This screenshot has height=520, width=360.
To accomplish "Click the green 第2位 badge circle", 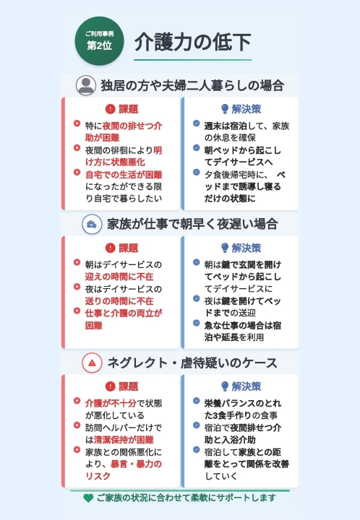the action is (x=99, y=41).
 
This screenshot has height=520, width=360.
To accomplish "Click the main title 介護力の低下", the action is (x=192, y=42).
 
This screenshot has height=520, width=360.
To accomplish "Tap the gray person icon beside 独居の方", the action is (x=86, y=85).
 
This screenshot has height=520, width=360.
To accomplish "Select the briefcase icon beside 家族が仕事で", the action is (x=92, y=225).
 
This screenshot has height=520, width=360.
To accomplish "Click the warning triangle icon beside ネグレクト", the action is (x=92, y=363).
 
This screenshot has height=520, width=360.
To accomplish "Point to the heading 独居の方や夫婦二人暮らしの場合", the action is (x=192, y=85).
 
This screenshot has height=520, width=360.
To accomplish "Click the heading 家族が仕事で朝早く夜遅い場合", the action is (x=192, y=224).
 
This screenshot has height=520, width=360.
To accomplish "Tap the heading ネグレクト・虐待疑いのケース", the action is (x=192, y=363).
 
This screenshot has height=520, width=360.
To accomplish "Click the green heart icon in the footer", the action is (x=88, y=498).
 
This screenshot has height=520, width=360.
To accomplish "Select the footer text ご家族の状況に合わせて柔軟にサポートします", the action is (x=187, y=498).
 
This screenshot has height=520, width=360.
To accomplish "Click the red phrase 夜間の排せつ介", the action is (x=132, y=126).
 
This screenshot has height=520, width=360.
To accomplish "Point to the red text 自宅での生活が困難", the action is (x=124, y=175).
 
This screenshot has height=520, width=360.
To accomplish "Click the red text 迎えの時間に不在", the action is (x=119, y=277).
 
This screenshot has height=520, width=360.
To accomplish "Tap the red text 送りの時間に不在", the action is (x=119, y=301).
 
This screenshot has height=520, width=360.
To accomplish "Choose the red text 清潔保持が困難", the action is (x=124, y=440).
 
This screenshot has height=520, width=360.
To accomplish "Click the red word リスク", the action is (x=98, y=476).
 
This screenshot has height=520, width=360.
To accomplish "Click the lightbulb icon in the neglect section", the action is (x=225, y=386).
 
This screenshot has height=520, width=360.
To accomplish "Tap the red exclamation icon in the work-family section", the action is (x=110, y=248).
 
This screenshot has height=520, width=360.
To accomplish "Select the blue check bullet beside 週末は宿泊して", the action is (x=197, y=123).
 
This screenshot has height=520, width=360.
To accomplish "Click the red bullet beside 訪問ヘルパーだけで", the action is (x=77, y=425).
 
